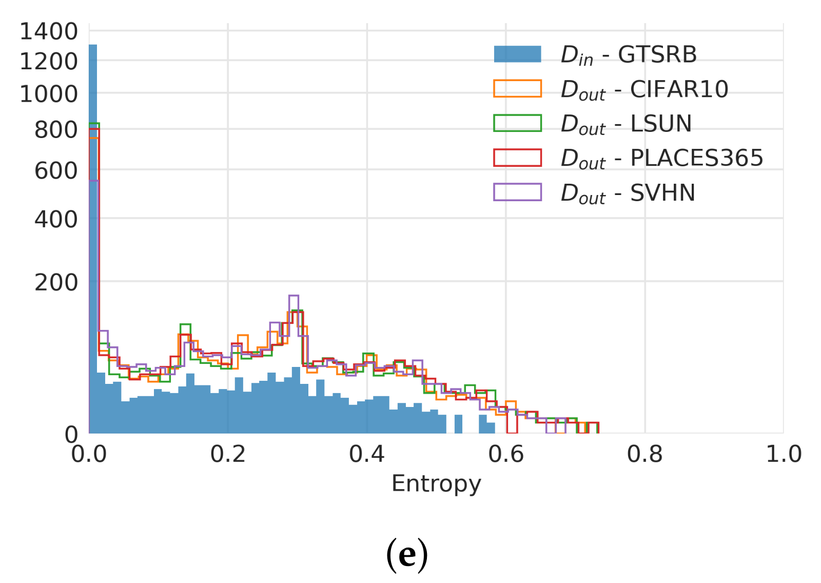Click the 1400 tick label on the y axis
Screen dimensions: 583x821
pyautogui.click(x=48, y=32)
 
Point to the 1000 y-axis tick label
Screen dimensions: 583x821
pyautogui.click(x=48, y=94)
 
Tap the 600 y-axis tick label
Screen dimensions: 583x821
pyautogui.click(x=56, y=171)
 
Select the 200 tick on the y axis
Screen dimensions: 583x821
pyautogui.click(x=56, y=283)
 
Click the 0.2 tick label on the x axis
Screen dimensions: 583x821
pyautogui.click(x=228, y=455)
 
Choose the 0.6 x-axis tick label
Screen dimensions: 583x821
pyautogui.click(x=505, y=455)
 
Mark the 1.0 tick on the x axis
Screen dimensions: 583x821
pyautogui.click(x=783, y=455)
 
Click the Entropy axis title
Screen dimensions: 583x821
pyautogui.click(x=436, y=483)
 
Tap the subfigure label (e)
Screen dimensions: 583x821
pyautogui.click(x=407, y=554)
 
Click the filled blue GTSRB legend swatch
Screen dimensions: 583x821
pyautogui.click(x=517, y=54)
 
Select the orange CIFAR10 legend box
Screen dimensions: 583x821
pyautogui.click(x=517, y=89)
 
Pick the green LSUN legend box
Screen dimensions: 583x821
pyautogui.click(x=517, y=123)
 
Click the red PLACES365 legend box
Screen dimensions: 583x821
pyautogui.click(x=517, y=158)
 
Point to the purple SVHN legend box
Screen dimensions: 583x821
pyautogui.click(x=517, y=192)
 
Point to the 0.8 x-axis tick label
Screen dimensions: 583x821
pyautogui.click(x=644, y=455)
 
